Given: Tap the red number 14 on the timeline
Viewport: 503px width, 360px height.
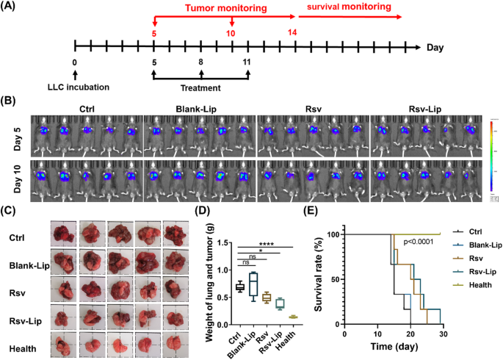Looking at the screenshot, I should click(293, 33).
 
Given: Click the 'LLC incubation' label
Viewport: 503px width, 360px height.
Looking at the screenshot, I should click(76, 87).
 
